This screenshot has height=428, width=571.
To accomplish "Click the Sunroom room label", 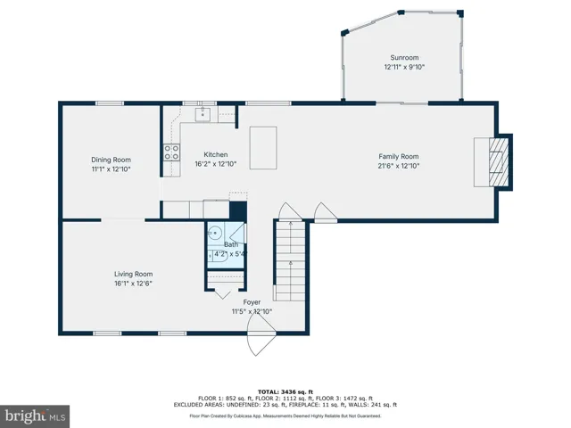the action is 404,57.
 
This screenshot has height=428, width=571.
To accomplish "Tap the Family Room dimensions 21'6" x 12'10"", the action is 399,166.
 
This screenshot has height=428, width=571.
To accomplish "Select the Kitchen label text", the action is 216,154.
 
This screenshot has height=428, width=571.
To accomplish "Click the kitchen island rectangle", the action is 263,148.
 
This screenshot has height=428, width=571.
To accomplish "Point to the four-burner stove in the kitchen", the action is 171,152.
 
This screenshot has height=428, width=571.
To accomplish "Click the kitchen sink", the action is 203,113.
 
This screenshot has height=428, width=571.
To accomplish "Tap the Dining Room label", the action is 111,160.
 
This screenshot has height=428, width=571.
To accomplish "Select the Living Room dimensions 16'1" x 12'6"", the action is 133,284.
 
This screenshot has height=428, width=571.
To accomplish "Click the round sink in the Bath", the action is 214,233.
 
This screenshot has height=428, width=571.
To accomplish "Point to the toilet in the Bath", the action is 218,254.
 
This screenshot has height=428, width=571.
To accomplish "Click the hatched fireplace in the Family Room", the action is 498,162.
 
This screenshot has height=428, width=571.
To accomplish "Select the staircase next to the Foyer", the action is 289,260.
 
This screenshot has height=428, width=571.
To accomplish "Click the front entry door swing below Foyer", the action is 261,334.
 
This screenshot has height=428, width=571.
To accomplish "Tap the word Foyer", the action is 252,302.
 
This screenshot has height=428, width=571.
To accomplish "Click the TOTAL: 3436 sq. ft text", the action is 285,392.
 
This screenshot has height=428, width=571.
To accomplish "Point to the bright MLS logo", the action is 35,416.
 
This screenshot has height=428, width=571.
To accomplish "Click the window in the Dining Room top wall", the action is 110,103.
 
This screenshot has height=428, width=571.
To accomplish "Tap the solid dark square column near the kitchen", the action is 238,211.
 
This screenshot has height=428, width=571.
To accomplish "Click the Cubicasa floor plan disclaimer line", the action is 285,416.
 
